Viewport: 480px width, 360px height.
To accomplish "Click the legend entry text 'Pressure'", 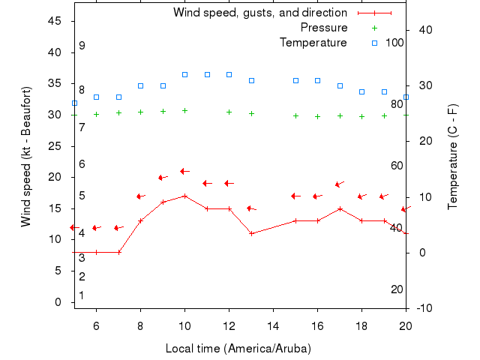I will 324,28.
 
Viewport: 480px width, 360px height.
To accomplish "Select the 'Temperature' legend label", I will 313,43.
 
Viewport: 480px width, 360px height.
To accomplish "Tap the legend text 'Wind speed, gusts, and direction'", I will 260,13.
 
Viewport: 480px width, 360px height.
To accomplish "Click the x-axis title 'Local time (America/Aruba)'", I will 238,349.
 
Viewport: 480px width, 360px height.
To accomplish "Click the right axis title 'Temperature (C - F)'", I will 453,157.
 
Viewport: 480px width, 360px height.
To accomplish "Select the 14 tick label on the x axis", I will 273,325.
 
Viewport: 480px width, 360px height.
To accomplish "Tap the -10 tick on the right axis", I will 423,308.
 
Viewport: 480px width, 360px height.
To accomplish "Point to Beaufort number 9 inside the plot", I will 82,46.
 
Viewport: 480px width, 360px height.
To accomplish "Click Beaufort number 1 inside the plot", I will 82,295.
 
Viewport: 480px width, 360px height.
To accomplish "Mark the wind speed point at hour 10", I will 184,196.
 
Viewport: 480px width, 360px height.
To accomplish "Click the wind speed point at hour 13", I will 251,233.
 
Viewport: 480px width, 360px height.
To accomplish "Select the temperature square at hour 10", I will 184,75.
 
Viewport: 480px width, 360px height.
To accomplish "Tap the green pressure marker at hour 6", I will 96,114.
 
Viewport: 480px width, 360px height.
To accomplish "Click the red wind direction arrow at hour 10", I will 184,171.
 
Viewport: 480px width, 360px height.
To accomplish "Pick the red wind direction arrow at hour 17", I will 340,183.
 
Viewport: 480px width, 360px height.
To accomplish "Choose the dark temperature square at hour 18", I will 361,91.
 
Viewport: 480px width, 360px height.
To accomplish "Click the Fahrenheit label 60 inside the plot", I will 397,166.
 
